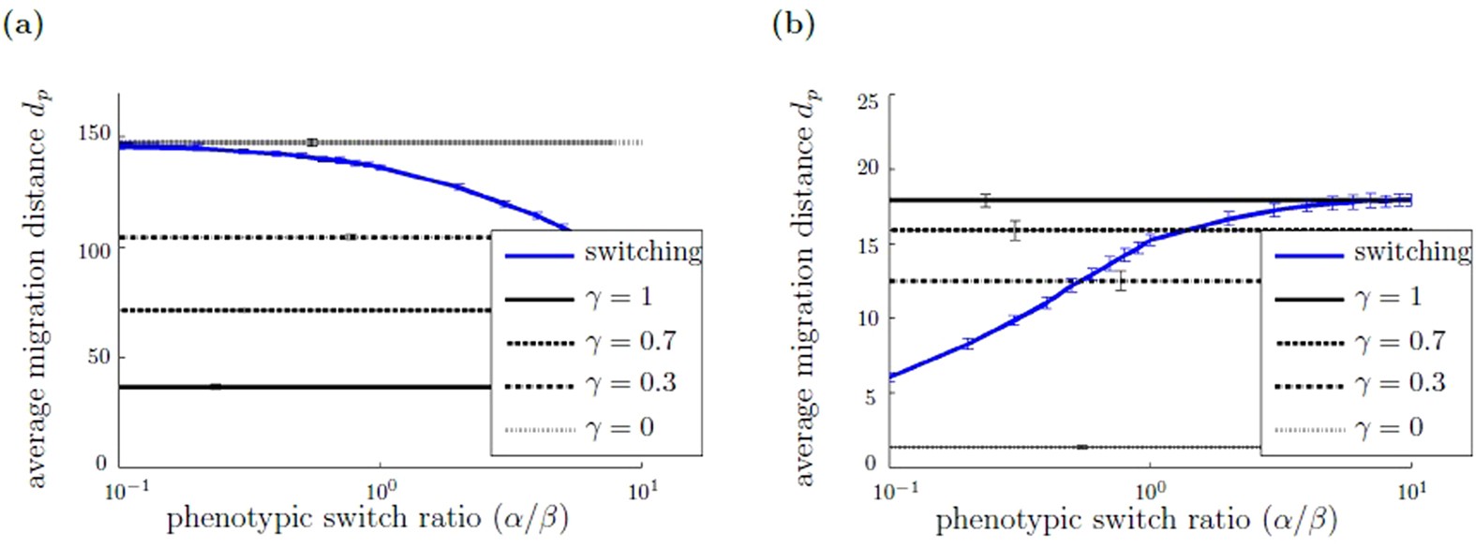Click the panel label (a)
click(x=23, y=24)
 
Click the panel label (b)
click(x=793, y=24)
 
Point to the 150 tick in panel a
click(x=94, y=133)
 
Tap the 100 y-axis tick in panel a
click(x=94, y=251)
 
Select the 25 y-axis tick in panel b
click(x=868, y=100)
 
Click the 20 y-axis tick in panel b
click(x=868, y=168)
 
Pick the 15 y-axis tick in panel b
click(x=868, y=244)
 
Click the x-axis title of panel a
click(x=367, y=518)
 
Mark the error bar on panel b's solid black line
click(x=985, y=200)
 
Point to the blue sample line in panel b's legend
click(x=1309, y=254)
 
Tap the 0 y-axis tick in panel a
click(x=101, y=463)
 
